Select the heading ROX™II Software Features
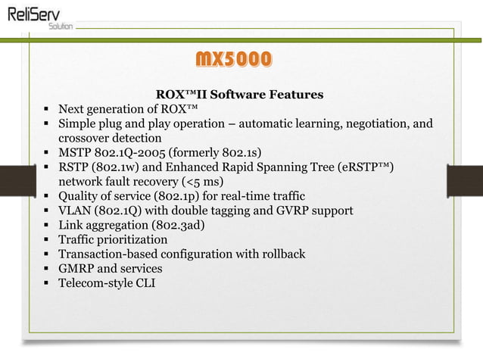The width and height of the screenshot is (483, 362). [239, 95]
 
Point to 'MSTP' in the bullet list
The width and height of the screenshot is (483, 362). [76, 153]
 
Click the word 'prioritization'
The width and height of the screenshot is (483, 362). [130, 239]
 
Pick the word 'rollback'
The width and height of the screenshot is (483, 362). [280, 254]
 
